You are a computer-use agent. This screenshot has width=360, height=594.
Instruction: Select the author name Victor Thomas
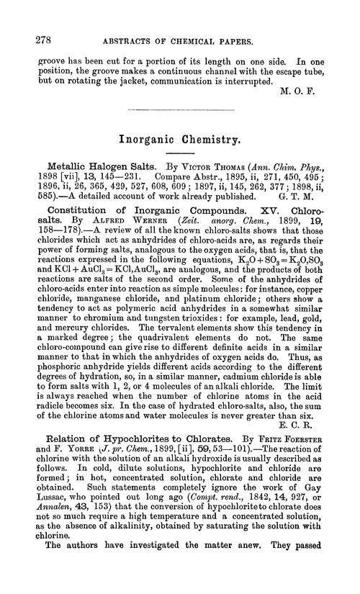tap(215, 170)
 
